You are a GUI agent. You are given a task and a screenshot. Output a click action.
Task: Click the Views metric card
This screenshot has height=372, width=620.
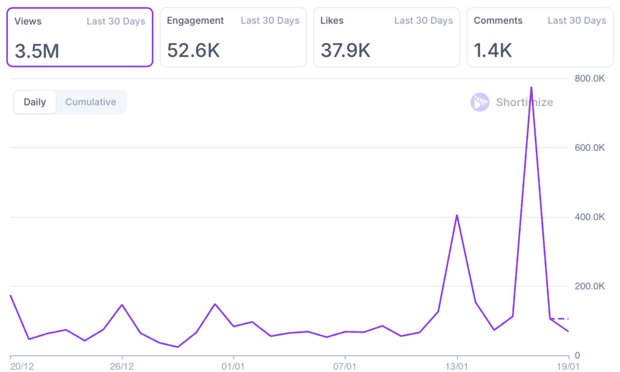(x=79, y=36)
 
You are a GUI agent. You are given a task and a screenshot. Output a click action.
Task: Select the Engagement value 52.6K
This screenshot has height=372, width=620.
(x=193, y=50)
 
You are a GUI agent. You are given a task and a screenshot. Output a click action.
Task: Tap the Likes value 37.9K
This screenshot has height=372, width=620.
(x=345, y=50)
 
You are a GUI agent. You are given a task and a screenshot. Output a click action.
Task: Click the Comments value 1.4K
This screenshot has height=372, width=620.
(x=493, y=50)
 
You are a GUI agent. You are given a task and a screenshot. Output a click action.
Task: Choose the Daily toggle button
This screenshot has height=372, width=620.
(x=35, y=102)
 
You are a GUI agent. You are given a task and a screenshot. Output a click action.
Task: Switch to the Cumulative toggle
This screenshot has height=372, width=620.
(x=91, y=102)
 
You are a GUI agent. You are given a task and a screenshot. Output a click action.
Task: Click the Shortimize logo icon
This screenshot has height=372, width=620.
(x=480, y=102)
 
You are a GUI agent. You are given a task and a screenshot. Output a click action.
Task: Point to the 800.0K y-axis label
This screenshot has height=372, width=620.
(x=589, y=78)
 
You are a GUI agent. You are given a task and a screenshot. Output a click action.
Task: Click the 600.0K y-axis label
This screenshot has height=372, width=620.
(x=589, y=147)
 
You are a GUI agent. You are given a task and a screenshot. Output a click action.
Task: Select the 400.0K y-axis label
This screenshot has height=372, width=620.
(x=589, y=217)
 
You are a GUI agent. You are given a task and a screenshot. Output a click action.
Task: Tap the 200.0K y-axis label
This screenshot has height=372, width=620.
(x=589, y=286)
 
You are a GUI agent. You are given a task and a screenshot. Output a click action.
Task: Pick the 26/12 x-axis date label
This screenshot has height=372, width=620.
(x=122, y=365)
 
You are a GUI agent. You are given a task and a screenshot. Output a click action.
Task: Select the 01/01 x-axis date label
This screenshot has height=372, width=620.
(x=233, y=365)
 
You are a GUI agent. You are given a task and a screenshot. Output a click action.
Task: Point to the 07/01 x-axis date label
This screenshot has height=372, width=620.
(x=345, y=365)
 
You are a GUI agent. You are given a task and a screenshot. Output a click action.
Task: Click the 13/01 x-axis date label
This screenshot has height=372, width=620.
(x=457, y=365)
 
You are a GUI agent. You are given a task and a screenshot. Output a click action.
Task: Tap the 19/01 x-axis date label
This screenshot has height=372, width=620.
(x=568, y=365)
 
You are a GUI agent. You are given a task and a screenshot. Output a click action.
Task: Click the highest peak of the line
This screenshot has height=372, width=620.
(x=531, y=87)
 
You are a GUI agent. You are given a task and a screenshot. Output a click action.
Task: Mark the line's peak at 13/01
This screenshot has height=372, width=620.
(x=457, y=215)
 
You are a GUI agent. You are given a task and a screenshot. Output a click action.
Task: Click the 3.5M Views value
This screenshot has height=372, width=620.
(x=37, y=51)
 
